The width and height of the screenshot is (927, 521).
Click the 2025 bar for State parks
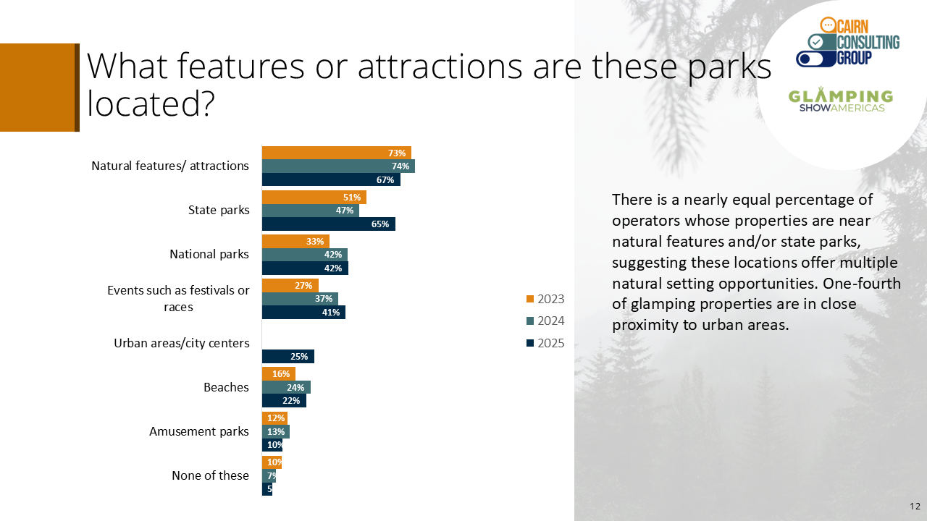(329, 224)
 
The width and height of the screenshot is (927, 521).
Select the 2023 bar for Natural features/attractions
(337, 153)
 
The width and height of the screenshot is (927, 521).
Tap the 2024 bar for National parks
(305, 255)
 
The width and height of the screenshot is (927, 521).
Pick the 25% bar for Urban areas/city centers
(288, 357)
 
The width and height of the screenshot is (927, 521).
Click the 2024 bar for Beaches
(286, 387)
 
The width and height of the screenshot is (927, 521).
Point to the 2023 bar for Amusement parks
(274, 418)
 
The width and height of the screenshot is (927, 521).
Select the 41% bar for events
(303, 312)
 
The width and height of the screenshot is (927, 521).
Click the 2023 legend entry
(545, 299)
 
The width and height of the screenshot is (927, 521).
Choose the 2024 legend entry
(545, 321)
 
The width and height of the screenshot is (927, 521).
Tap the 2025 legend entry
(545, 343)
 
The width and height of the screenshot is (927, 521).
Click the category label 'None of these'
(210, 475)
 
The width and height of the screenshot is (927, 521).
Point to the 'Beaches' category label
(226, 387)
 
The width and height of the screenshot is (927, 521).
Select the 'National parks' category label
(209, 254)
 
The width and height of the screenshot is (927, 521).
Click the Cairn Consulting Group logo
(847, 42)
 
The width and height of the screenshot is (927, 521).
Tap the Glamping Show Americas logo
(841, 100)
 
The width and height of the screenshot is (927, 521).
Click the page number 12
(915, 506)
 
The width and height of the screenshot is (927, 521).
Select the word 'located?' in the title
(151, 103)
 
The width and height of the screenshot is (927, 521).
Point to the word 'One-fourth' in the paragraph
(862, 284)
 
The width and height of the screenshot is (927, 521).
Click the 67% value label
(385, 180)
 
